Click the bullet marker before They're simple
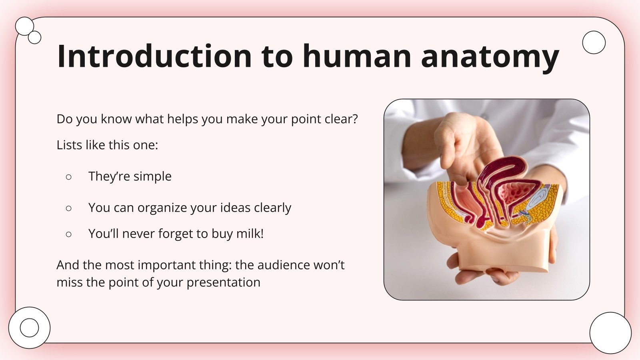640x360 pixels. (x=68, y=176)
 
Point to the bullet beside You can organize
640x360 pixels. (x=68, y=208)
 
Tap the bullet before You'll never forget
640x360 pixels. (x=68, y=234)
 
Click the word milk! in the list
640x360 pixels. (x=250, y=233)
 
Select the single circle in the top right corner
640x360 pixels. (x=594, y=42)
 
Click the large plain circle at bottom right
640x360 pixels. (x=610, y=332)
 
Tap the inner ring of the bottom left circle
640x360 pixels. (x=29, y=328)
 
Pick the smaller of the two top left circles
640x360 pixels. (x=35, y=37)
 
